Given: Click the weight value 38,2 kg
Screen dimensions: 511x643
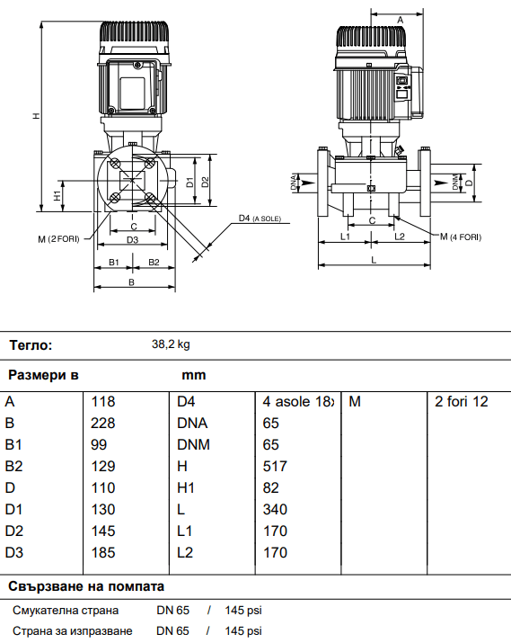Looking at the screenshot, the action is click(x=171, y=344).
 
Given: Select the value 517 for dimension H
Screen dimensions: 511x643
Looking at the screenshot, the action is click(x=275, y=466).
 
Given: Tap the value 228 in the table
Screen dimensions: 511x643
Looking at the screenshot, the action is click(x=102, y=424).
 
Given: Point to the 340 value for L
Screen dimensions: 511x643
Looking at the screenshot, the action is click(x=275, y=509).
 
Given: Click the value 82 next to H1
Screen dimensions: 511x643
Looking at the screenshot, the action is click(x=270, y=488).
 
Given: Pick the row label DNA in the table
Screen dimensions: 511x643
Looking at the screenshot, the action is click(x=192, y=424).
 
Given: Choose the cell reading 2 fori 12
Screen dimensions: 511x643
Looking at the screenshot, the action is click(x=462, y=401).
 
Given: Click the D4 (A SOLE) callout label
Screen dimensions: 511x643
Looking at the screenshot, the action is click(x=260, y=219).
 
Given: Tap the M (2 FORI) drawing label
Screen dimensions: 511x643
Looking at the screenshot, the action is click(x=58, y=239).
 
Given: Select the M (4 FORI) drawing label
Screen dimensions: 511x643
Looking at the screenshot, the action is click(x=461, y=237).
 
